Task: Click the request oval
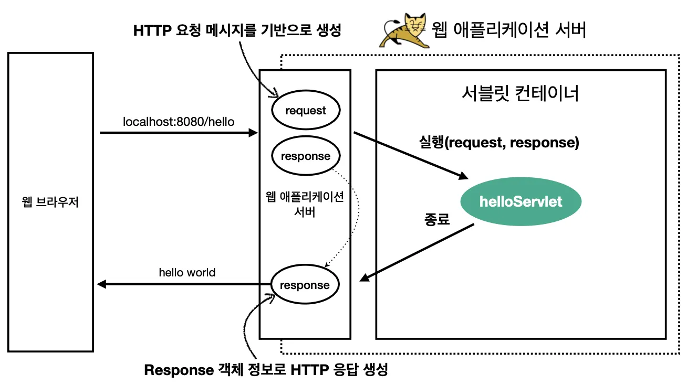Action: [306, 110]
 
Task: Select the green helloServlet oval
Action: [521, 202]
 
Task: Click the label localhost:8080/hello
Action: [179, 122]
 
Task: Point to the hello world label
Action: [187, 273]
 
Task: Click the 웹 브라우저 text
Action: [50, 202]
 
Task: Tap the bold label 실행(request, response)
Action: [498, 143]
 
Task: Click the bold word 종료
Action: [437, 219]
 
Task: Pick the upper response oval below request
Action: [306, 156]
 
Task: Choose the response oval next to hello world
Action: [305, 285]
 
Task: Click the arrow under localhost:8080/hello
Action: [179, 133]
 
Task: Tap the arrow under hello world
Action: [184, 284]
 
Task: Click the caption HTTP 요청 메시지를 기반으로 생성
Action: [237, 30]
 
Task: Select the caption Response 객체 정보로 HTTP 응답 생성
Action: [266, 370]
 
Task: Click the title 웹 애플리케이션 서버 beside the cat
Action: [508, 30]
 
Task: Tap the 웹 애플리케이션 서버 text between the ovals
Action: [305, 205]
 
